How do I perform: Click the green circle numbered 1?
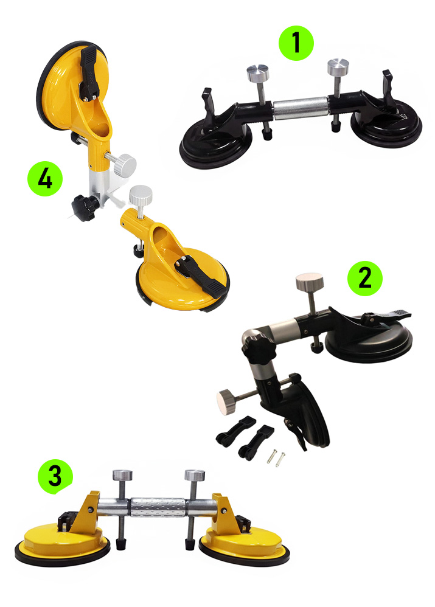click(x=296, y=43)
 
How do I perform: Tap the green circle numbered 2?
click(x=364, y=279)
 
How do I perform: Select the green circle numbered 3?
click(x=55, y=477)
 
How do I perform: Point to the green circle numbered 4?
click(x=45, y=179)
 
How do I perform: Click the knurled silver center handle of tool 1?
click(x=301, y=107)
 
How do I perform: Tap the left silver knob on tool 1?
click(x=257, y=73)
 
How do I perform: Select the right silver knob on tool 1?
click(x=338, y=67)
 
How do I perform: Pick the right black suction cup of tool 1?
click(x=386, y=127)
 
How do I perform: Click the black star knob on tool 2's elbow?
click(x=259, y=349)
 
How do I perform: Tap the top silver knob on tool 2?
click(x=310, y=282)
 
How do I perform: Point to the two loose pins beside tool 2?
click(x=276, y=457)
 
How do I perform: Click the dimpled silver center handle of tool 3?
click(x=158, y=507)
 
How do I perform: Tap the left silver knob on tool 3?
click(x=122, y=475)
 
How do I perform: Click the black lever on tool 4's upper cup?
click(x=89, y=72)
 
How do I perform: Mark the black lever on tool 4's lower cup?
click(x=201, y=276)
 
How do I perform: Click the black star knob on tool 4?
click(x=84, y=207)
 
